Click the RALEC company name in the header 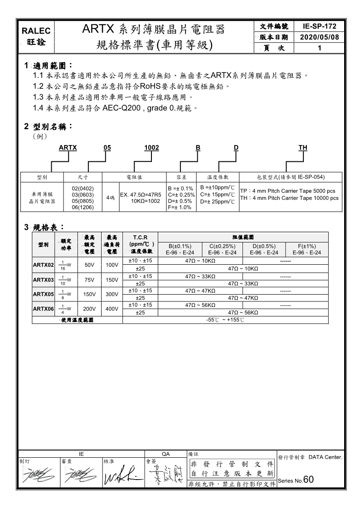click(39, 31)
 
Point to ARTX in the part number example click(68, 147)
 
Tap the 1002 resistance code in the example click(151, 147)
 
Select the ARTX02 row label click(44, 265)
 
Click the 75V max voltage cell click(89, 280)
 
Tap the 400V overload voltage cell click(112, 309)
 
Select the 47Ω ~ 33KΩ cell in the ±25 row click(243, 283)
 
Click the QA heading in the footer click(165, 453)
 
